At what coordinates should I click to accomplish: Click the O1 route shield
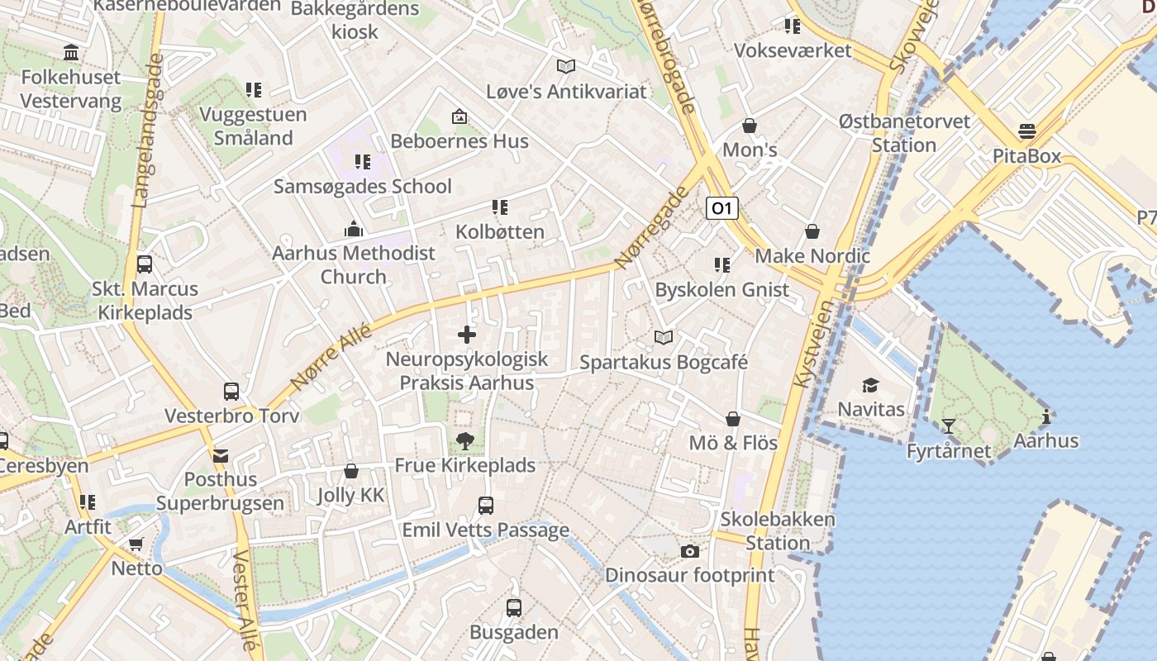coord(721,208)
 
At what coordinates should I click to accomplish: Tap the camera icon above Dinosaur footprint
coord(689,551)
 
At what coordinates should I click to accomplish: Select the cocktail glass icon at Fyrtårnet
coord(948,426)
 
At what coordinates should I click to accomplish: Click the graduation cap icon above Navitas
coord(870,385)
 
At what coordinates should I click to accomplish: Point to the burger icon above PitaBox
coord(1026,131)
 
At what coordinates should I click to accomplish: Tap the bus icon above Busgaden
coord(513,608)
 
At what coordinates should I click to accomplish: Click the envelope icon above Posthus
coord(220,455)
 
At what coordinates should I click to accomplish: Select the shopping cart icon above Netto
coord(136,544)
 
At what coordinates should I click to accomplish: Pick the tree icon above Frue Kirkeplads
coord(464,441)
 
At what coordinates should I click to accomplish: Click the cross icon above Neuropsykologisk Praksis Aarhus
coord(467,335)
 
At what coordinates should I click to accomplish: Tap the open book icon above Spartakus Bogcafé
coord(663,337)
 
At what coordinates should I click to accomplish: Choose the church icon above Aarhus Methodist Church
coord(354,228)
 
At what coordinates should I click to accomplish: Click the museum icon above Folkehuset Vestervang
coord(71,53)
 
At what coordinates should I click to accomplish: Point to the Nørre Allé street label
coord(331,356)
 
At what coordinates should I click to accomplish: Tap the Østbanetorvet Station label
coord(904,133)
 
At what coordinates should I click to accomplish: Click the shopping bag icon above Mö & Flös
coord(732,419)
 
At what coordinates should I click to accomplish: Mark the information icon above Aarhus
coord(1046,416)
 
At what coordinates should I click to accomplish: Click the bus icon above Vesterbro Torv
coord(231,391)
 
